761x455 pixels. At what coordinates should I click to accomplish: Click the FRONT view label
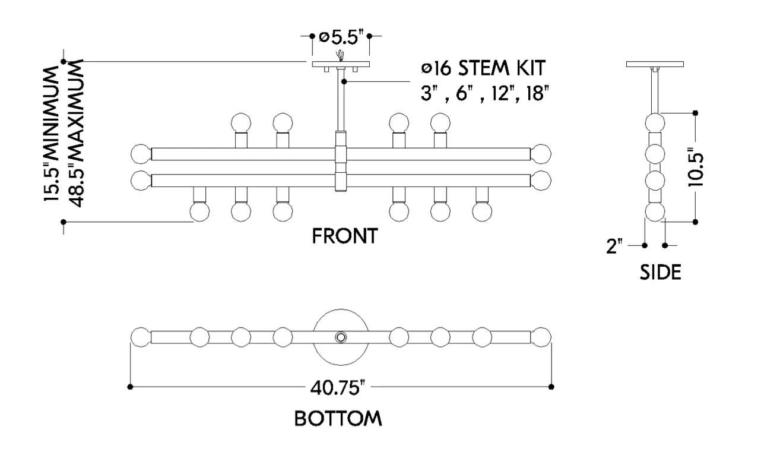pos(344,236)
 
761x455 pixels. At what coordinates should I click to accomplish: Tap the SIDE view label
pos(661,272)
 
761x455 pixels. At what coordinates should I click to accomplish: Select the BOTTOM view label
pos(338,419)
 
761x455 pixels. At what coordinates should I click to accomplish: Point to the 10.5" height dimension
pos(695,167)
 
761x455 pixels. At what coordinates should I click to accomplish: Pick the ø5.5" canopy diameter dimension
pos(341,37)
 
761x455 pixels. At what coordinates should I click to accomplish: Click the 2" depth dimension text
pos(614,246)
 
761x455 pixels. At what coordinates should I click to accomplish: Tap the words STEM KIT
pos(502,68)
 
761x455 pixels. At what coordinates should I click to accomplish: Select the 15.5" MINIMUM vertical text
pos(51,134)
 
